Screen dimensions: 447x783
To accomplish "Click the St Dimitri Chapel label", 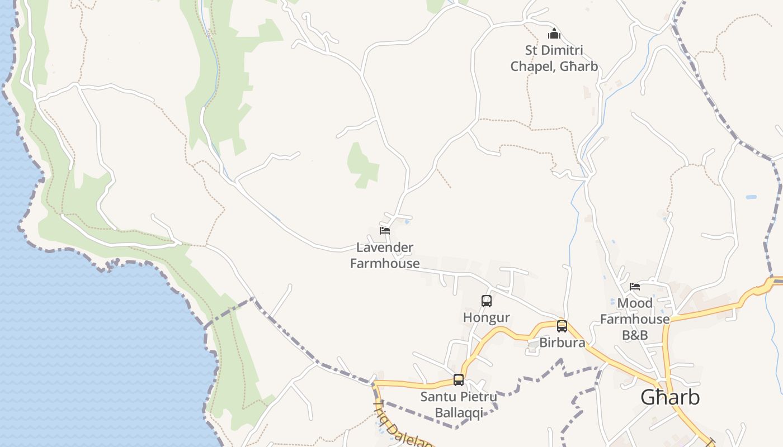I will tap(554, 58).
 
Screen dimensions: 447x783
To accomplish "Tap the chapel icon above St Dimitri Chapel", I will tap(554, 34).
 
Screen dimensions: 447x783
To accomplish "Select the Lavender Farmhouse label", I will tap(385, 255).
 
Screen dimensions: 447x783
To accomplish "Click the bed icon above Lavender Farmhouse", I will tap(385, 230).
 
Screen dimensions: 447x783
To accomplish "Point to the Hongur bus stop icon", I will tap(487, 301).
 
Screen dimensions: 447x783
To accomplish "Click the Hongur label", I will tap(487, 317).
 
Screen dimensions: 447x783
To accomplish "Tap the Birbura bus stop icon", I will tap(562, 326).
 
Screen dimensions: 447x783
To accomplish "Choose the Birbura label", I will tap(562, 343).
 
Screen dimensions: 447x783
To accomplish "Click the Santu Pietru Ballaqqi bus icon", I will tap(459, 380).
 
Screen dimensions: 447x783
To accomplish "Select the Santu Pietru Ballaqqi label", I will tap(459, 405).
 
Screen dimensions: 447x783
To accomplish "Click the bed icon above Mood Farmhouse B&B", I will tap(635, 287).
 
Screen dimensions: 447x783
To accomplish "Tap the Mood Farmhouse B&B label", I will tap(635, 319).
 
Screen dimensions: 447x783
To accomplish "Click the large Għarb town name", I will tap(670, 397).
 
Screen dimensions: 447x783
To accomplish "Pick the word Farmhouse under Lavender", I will tap(385, 263).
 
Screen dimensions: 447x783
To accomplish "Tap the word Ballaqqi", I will tap(459, 413).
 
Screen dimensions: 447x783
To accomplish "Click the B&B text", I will tap(635, 335).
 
